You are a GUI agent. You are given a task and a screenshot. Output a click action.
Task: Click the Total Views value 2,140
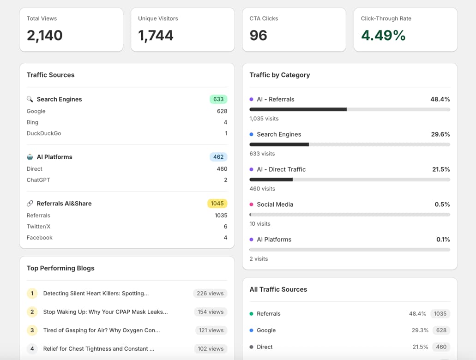tap(45, 36)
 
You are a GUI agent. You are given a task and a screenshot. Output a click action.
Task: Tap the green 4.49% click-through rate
tap(383, 36)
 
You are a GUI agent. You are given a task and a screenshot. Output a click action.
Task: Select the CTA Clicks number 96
tap(259, 36)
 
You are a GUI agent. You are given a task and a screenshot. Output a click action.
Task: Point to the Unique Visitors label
tap(158, 18)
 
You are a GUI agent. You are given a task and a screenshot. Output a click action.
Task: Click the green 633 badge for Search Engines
tap(218, 99)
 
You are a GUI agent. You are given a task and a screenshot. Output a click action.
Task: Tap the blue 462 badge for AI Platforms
tap(218, 157)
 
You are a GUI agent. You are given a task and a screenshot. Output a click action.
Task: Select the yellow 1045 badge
tap(217, 204)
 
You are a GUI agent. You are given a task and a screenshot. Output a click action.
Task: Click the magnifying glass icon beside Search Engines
tap(30, 99)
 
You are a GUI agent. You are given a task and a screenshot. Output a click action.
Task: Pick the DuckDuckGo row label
tap(44, 133)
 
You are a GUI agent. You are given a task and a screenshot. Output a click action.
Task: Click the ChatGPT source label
tap(38, 180)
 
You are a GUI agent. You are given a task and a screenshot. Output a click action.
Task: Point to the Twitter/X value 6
tap(225, 227)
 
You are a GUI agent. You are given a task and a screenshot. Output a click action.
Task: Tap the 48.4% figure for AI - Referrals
tap(440, 99)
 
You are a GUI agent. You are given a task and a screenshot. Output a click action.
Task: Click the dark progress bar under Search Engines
tap(279, 144)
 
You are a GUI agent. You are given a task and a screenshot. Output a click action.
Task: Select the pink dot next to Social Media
tap(251, 204)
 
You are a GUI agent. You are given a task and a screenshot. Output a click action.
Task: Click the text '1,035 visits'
tap(264, 119)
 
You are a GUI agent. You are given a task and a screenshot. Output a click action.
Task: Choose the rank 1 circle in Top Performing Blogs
tap(32, 294)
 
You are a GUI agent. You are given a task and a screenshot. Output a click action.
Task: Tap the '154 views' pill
tap(211, 312)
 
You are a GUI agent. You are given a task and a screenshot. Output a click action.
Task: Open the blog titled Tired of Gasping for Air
tap(102, 330)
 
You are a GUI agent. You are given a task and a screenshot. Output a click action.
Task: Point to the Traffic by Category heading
tap(280, 75)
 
